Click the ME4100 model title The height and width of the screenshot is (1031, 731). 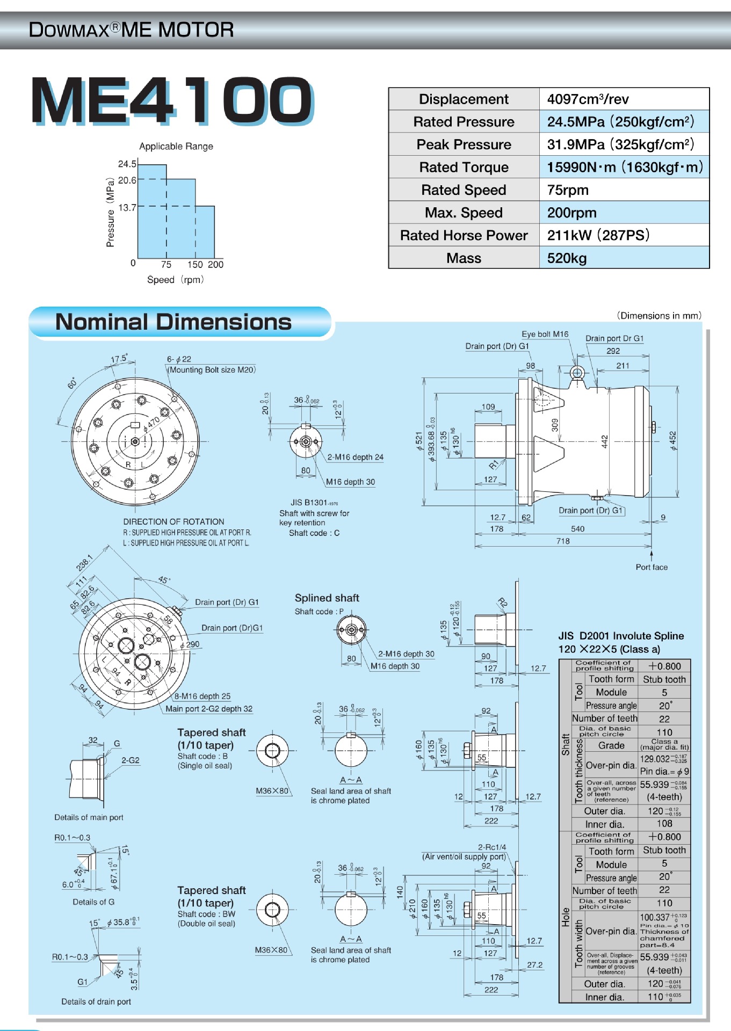(x=172, y=101)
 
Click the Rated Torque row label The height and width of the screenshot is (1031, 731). (x=464, y=168)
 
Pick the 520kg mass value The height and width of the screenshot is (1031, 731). (x=567, y=258)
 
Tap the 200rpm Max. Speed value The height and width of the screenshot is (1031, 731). (x=571, y=213)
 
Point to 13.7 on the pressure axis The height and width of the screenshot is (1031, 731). (x=127, y=207)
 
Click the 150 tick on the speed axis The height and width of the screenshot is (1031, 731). (x=195, y=264)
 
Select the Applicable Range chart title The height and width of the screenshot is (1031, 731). (x=176, y=146)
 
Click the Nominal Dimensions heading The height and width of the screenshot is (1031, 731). (x=173, y=322)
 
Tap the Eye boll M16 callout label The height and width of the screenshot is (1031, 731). (x=545, y=334)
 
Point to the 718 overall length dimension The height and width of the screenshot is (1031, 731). (x=563, y=541)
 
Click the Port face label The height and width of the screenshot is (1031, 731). (x=652, y=567)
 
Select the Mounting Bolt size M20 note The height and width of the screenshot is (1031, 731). (x=212, y=370)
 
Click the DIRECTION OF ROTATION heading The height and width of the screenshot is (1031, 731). (x=173, y=521)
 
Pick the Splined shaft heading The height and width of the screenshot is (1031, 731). (x=327, y=598)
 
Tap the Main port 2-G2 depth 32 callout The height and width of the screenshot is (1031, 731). (x=208, y=709)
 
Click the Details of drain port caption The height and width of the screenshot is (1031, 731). (x=96, y=1001)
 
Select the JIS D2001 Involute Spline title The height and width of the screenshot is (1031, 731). (x=621, y=636)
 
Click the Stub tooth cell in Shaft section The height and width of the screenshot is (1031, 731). (x=664, y=679)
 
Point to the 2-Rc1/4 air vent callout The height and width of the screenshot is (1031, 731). (x=491, y=847)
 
